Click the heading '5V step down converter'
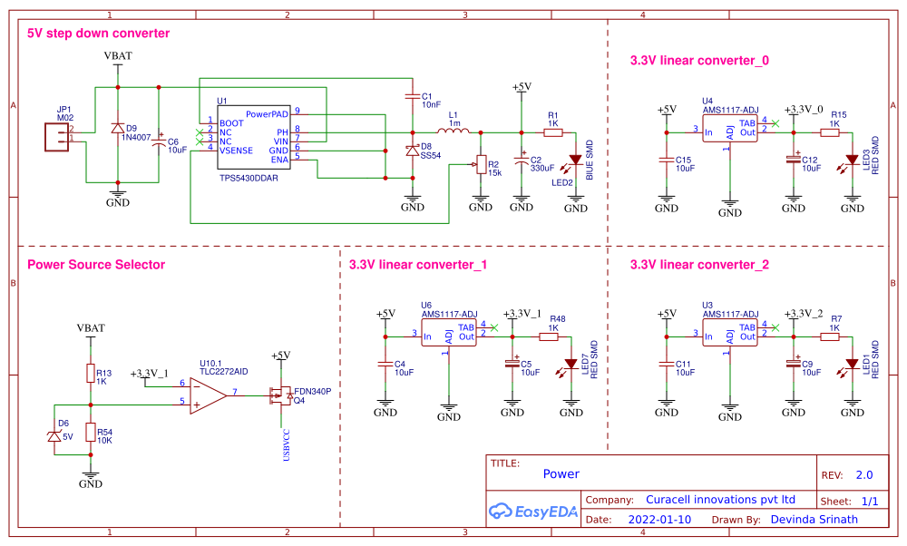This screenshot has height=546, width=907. [99, 34]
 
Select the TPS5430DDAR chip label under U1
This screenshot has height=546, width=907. [249, 179]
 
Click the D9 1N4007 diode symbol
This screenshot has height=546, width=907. [117, 129]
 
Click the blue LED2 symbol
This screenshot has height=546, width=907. [574, 161]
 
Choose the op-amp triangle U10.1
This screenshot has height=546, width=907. [207, 394]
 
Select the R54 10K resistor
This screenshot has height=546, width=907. [91, 434]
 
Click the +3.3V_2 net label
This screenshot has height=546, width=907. [805, 313]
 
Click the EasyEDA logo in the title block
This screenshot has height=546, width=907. [533, 511]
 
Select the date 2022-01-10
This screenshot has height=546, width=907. [659, 520]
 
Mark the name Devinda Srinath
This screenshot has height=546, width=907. [814, 520]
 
